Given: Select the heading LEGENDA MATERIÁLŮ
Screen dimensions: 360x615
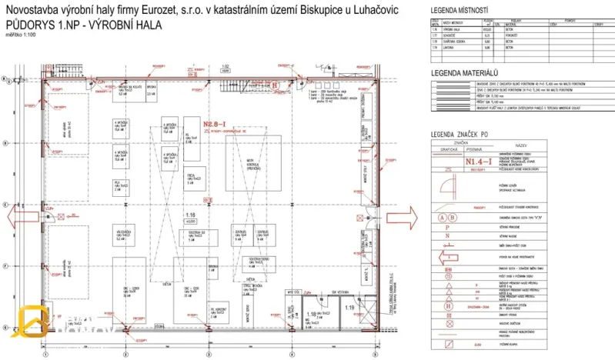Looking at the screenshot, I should coord(463,73).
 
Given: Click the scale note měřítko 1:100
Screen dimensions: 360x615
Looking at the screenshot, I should coord(20,35).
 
